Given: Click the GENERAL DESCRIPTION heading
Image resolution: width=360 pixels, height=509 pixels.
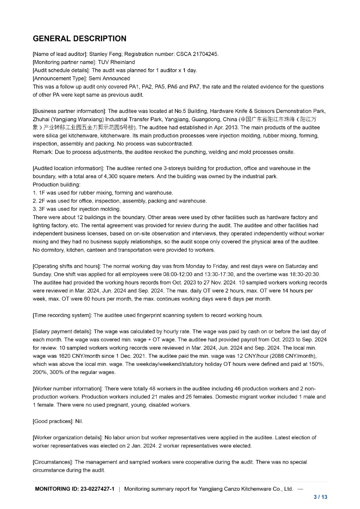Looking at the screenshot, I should click(x=80, y=39).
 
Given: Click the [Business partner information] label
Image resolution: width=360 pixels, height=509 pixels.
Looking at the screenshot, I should click(x=69, y=111).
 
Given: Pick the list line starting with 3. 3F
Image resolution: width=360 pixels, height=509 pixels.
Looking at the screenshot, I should click(x=76, y=209).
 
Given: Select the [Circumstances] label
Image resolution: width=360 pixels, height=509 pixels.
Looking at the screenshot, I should click(x=53, y=462).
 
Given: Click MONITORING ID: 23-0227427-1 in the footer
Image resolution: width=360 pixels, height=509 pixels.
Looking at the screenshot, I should click(x=75, y=489).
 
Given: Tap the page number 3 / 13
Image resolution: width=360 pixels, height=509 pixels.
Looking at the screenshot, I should click(x=320, y=497).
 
